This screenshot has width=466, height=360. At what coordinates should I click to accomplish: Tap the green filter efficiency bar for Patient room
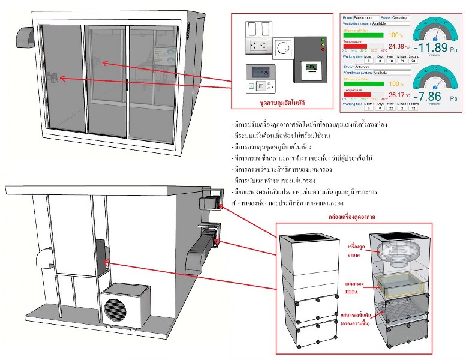click(363, 35)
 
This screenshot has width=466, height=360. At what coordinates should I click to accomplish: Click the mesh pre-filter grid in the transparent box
click(399, 312)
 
